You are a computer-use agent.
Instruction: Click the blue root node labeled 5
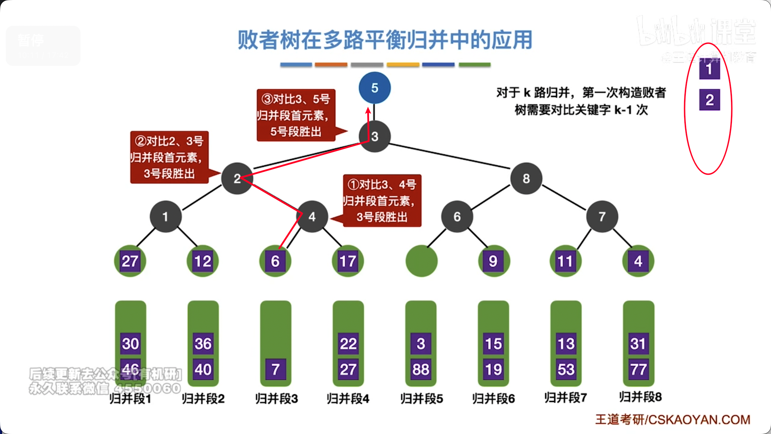(x=374, y=88)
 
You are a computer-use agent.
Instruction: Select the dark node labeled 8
(x=526, y=178)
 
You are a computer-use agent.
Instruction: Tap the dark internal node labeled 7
(x=602, y=216)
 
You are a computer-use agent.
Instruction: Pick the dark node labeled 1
(x=165, y=216)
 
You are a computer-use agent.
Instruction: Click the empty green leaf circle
(x=421, y=261)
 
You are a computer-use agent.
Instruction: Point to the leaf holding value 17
(x=348, y=261)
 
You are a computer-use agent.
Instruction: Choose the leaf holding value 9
(x=493, y=261)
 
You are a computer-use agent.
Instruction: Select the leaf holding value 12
(x=203, y=261)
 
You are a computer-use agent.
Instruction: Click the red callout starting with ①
(x=382, y=201)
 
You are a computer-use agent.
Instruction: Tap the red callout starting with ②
(x=169, y=157)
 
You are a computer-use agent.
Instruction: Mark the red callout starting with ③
(x=296, y=115)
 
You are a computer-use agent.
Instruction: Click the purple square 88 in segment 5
(x=421, y=369)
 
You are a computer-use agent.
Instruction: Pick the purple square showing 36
(x=203, y=343)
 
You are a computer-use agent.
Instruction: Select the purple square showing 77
(x=638, y=369)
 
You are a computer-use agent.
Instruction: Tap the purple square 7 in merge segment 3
(x=275, y=369)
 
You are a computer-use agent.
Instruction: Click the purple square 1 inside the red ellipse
(x=709, y=69)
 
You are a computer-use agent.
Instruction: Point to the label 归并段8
(x=640, y=397)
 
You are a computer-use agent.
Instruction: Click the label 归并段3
(x=276, y=398)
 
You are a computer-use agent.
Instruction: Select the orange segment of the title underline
(x=331, y=65)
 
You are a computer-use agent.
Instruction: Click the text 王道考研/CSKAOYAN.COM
(x=673, y=419)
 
